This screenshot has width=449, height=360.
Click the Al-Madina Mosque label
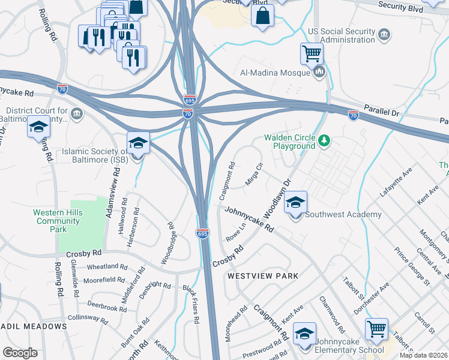click(x=275, y=73)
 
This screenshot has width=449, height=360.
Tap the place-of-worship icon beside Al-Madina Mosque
click(x=319, y=73)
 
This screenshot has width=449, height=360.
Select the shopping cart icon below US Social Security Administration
click(x=312, y=53)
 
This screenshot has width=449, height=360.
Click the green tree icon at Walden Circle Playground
click(x=324, y=141)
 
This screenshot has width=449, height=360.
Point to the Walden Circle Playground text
click(x=290, y=142)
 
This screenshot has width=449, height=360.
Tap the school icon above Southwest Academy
click(x=295, y=202)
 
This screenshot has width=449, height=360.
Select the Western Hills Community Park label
click(x=56, y=221)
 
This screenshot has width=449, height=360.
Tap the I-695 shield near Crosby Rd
click(x=202, y=233)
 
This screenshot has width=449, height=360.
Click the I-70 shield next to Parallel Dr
click(x=354, y=114)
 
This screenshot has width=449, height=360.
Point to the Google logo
click(x=20, y=353)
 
